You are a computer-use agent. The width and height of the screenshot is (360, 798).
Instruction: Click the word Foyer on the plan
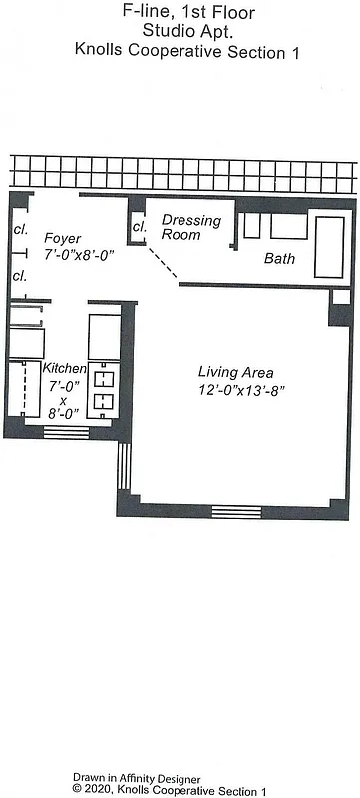63,238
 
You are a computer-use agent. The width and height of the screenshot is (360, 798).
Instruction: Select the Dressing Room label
191,228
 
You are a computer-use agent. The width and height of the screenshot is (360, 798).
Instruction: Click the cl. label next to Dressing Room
140,227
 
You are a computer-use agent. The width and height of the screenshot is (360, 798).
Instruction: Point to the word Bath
279,259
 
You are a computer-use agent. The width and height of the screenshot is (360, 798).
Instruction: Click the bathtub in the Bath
330,245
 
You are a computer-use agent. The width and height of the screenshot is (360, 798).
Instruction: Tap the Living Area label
236,372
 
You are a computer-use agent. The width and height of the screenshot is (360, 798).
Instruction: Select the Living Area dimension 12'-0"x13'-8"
241,391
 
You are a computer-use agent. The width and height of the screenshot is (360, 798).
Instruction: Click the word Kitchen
63,369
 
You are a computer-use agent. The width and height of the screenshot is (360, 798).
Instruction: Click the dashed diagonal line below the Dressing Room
160,261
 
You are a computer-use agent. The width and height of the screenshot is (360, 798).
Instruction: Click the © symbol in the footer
76,789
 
